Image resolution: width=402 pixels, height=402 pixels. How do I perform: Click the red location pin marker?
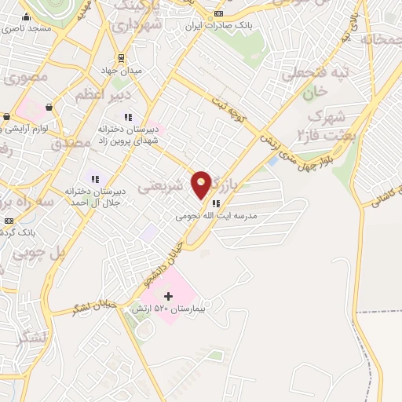pyautogui.click(x=202, y=184)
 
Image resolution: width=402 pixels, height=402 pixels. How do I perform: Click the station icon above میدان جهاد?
pyautogui.click(x=121, y=57)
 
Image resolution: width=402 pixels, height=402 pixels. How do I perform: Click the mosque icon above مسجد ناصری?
pyautogui.click(x=25, y=16)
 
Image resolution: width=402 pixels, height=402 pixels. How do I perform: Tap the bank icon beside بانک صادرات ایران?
pyautogui.click(x=218, y=14)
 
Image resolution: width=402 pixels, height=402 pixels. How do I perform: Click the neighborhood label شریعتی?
pyautogui.click(x=164, y=188)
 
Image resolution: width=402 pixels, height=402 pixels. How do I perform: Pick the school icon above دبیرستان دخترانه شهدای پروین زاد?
pyautogui.click(x=127, y=117)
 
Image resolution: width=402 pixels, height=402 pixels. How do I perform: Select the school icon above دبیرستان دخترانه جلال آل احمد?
pyautogui.click(x=94, y=179)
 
